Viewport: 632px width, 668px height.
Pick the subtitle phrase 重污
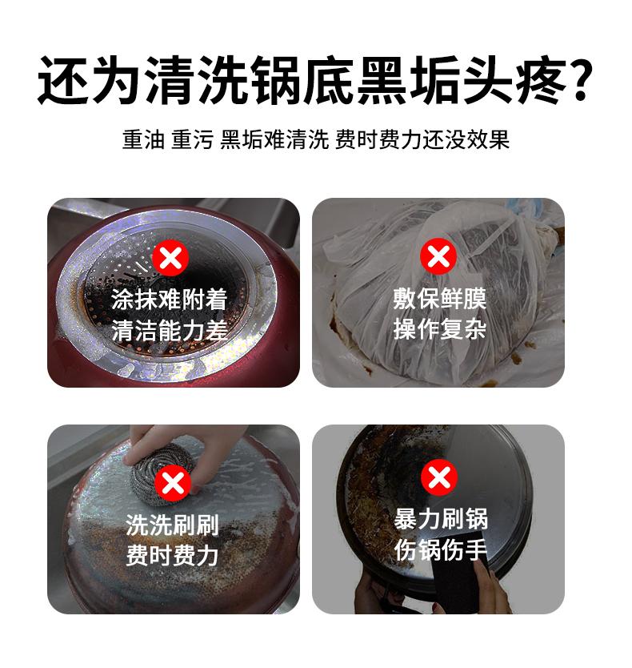[x=192, y=139]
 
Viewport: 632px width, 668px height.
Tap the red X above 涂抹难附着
[x=170, y=259]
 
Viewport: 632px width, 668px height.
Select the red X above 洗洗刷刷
[x=170, y=484]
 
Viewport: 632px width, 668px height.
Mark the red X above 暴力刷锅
[x=438, y=477]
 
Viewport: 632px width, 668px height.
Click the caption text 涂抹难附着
[x=170, y=300]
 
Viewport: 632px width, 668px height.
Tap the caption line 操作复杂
[x=438, y=329]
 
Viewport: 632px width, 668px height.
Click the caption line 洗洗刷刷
[x=171, y=525]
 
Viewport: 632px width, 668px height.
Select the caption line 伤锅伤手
[x=439, y=550]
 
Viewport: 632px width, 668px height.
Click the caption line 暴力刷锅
[x=439, y=519]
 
